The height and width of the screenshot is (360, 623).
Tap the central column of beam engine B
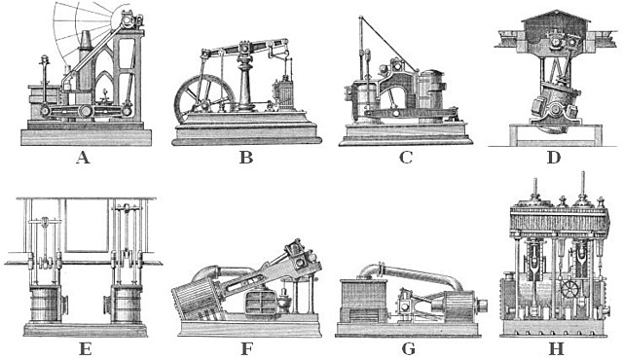coord(246,83)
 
